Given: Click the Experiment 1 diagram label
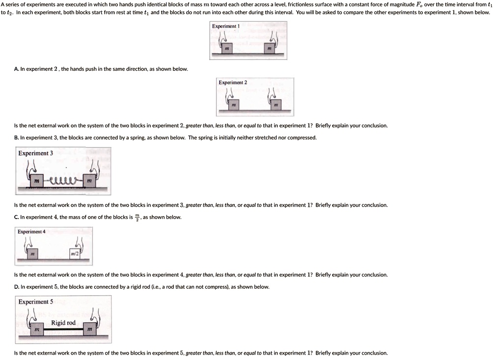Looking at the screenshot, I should tap(225, 26).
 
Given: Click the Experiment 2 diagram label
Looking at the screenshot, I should tap(233, 83).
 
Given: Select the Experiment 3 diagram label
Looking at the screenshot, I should tap(35, 153).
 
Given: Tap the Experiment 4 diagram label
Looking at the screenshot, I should tap(31, 231).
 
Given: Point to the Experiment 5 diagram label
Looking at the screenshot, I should tap(35, 302).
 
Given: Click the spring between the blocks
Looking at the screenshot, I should tap(63, 181).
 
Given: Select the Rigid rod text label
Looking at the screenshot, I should tap(63, 323).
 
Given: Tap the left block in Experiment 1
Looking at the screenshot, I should tap(226, 50).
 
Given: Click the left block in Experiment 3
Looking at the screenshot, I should tap(36, 181).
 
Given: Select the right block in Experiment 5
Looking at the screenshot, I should tap(89, 331).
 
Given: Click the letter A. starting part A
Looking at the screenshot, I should tap(17, 69).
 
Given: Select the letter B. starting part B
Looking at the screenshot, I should tap(17, 138).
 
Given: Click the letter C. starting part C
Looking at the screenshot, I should tap(17, 217).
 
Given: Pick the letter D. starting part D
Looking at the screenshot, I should tap(17, 287).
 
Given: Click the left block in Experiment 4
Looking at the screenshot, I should tap(32, 254).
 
